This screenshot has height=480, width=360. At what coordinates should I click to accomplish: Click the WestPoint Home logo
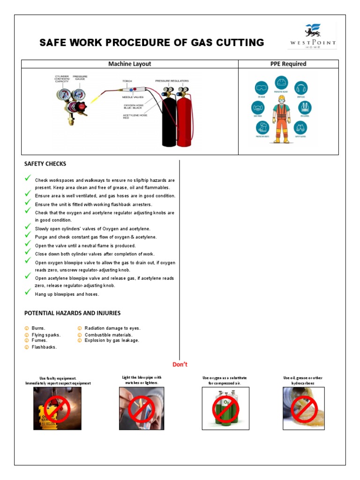pyautogui.click(x=312, y=37)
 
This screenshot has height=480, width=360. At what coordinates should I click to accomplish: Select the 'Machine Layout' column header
pyautogui.click(x=130, y=64)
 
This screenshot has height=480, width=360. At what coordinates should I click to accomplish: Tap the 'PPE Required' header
pyautogui.click(x=288, y=64)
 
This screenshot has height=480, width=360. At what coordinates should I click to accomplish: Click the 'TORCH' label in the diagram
pyautogui.click(x=127, y=81)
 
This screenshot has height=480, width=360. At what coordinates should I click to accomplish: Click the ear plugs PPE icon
pyautogui.click(x=301, y=88)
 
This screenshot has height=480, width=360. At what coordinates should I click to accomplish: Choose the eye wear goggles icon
pyautogui.click(x=262, y=88)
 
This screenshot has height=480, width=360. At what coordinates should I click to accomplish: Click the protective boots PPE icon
pyautogui.click(x=262, y=128)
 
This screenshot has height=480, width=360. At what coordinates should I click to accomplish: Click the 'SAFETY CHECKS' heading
pyautogui.click(x=45, y=164)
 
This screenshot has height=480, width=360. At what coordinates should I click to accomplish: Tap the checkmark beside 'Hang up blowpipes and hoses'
pyautogui.click(x=28, y=292)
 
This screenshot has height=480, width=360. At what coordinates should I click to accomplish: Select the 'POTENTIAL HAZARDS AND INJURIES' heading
pyautogui.click(x=72, y=313)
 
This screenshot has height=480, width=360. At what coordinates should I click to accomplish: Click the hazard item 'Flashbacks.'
pyautogui.click(x=44, y=347)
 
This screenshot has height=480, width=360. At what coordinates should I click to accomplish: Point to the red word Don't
pyautogui.click(x=180, y=364)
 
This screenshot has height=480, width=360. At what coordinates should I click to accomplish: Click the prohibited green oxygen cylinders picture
pyautogui.click(x=225, y=408)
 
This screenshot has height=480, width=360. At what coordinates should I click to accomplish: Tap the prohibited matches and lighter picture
pyautogui.click(x=142, y=408)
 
